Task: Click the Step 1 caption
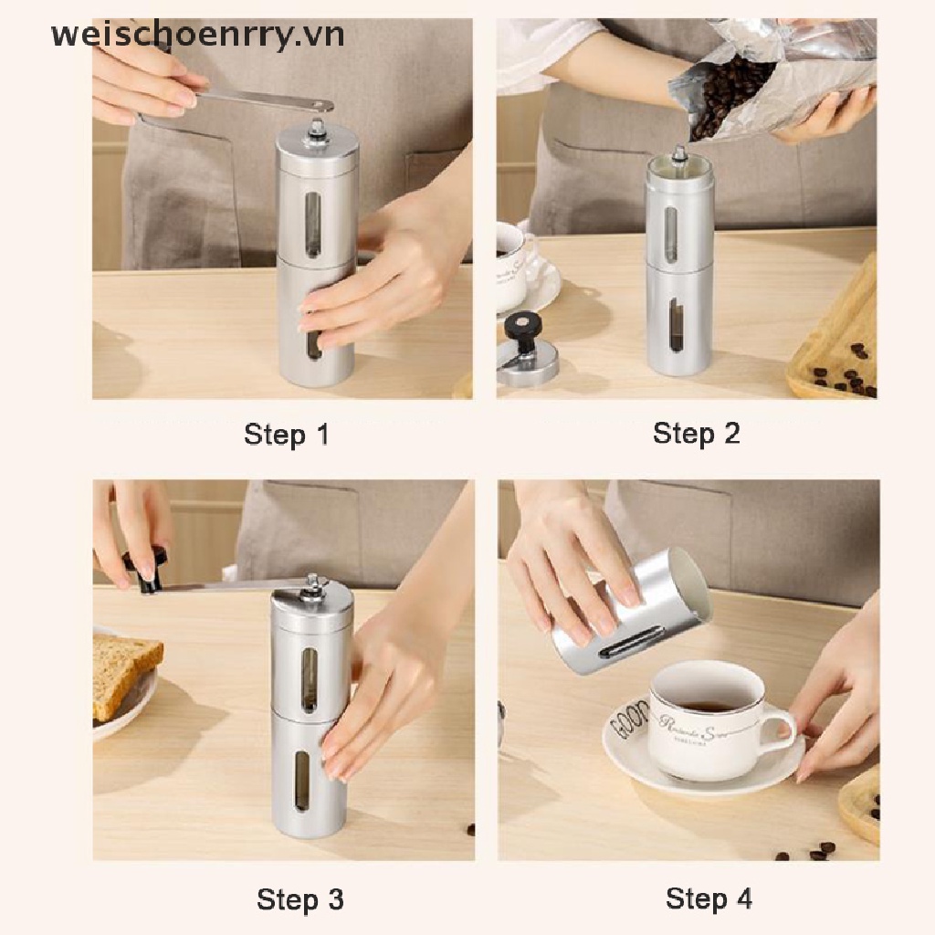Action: [286, 435]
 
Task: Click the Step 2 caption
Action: [696, 435]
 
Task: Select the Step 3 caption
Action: [300, 899]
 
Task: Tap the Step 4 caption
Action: [709, 898]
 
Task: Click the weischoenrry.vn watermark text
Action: [198, 36]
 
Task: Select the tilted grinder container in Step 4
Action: [630, 613]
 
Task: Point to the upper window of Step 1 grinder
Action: [313, 223]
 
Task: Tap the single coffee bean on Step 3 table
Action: [471, 829]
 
